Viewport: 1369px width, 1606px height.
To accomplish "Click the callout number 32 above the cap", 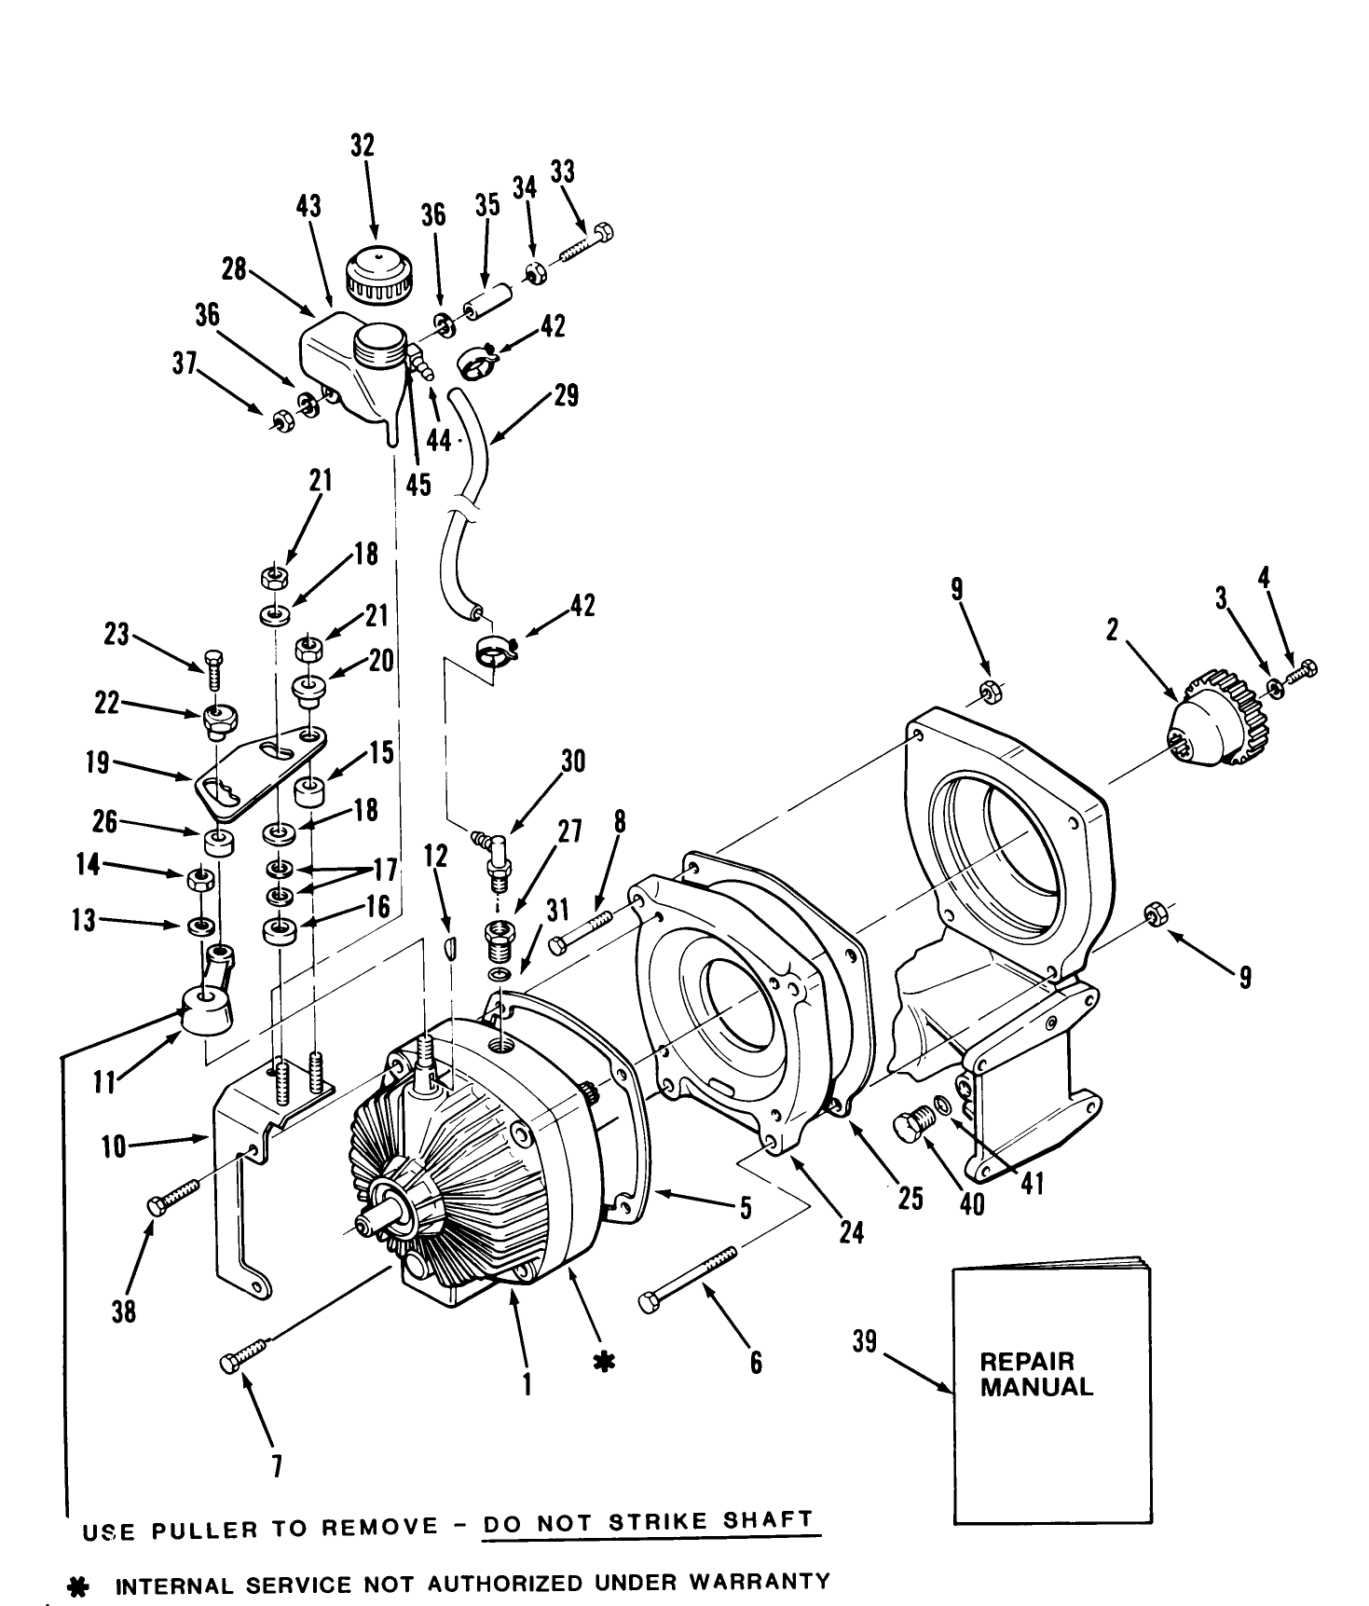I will coord(362,145).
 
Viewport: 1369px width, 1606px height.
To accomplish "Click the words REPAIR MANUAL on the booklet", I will coord(1036,1375).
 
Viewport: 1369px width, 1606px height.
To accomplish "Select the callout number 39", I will coord(866,1343).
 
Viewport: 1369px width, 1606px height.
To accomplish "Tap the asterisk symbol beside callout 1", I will coord(604,1363).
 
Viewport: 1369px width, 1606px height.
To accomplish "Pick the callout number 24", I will coord(851,1233).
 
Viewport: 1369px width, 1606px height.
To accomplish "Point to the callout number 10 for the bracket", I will coord(114,1146).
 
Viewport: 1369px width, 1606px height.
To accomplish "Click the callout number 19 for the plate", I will coord(98,764).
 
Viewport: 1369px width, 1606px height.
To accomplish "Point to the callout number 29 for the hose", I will coord(565,395).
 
